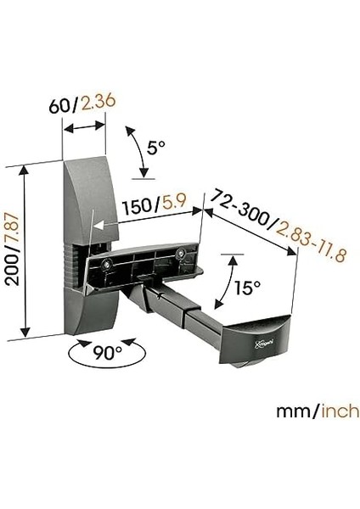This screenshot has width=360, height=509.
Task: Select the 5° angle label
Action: pos(155,148)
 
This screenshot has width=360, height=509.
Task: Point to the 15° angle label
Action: pos(246,288)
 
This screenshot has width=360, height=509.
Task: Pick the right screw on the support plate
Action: pos(182,252)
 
